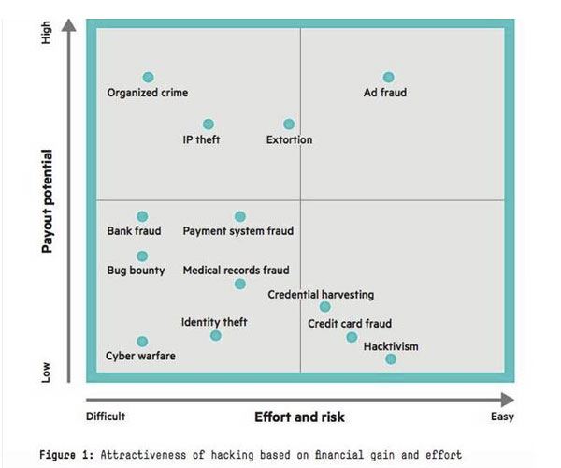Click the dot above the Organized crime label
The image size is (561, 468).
pos(148,77)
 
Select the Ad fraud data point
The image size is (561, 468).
pos(389,77)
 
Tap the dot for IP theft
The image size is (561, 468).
pos(208,124)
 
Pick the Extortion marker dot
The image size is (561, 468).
pos(289,124)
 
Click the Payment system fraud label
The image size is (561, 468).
pos(237,231)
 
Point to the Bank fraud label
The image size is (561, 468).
pos(134,231)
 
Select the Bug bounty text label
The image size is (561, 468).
pos(136,271)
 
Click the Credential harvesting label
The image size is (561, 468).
pos(321,294)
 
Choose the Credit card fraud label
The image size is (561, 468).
pos(350,324)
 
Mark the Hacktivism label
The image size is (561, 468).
pos(391,346)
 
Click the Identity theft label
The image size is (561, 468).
pos(214,323)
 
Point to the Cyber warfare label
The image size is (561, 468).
pos(140,356)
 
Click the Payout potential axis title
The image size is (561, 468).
pos(46,201)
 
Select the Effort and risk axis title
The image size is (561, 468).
pos(299,417)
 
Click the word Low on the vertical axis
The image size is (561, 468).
pos(47,372)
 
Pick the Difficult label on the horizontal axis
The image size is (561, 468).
pos(106,417)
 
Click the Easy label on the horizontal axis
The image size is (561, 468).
pos(502,417)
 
